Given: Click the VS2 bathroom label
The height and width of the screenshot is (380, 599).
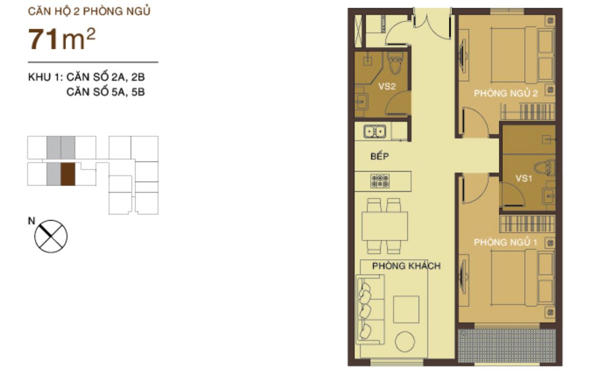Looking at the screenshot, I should [x=387, y=86].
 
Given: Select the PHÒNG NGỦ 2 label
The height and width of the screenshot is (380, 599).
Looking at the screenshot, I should [x=506, y=94].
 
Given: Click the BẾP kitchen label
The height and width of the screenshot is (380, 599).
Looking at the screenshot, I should [x=379, y=156].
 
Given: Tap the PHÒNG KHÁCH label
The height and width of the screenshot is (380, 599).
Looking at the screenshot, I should [x=406, y=266].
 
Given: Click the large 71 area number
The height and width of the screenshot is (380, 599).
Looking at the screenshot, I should [x=45, y=40].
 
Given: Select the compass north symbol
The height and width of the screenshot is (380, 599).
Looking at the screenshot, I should [x=51, y=236].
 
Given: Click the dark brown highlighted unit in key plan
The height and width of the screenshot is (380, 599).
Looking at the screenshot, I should [x=68, y=174].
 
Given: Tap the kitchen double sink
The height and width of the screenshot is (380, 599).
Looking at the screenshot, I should [x=375, y=132].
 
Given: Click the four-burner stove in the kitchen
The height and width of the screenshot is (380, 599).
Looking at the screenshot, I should [x=380, y=180].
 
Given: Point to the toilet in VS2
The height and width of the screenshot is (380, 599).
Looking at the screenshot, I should [x=395, y=64].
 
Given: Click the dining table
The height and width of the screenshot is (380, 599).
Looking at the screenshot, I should [x=385, y=226].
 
